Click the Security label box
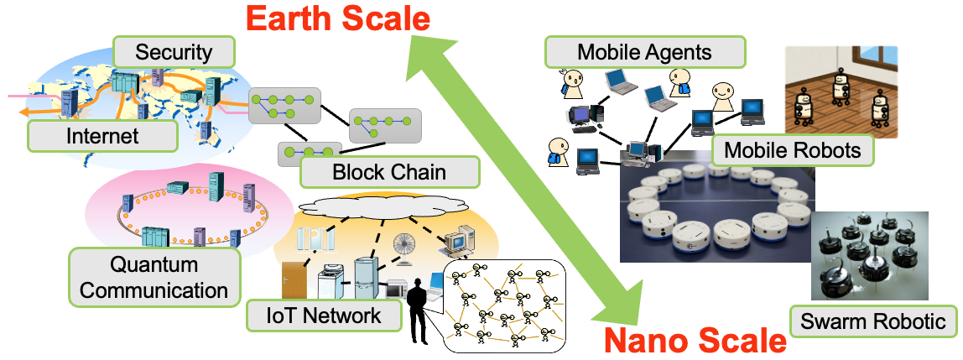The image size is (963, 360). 174,53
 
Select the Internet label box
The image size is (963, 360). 102,134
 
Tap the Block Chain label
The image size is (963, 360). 389,174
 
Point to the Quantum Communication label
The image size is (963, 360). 154,278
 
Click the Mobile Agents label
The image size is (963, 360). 644,52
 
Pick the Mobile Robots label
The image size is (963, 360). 793,151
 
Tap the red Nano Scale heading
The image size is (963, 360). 695,341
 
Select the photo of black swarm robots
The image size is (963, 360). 869,256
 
